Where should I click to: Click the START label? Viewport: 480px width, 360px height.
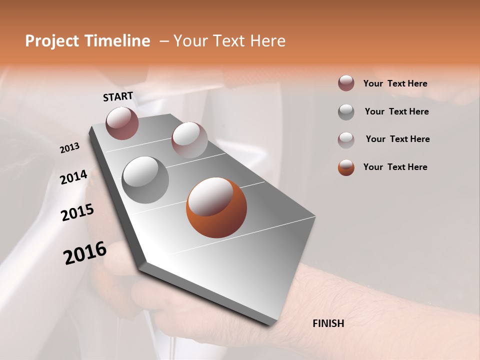tap(118, 96)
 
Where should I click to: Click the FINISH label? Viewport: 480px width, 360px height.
tap(328, 323)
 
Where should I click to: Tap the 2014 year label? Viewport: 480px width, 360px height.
tap(73, 177)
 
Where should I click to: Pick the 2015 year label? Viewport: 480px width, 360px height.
tap(77, 212)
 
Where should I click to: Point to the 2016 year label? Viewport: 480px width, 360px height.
tap(84, 252)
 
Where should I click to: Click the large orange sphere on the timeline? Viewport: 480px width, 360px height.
tap(216, 207)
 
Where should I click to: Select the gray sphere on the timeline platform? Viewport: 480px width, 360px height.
tap(145, 180)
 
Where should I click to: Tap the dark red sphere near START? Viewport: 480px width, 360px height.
tap(122, 123)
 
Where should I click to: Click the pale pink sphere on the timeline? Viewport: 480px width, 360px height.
tap(189, 139)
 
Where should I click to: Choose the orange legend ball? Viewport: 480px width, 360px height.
tap(346, 167)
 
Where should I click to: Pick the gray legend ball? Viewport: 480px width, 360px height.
tap(346, 112)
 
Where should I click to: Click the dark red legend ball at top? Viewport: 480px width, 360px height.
tap(346, 83)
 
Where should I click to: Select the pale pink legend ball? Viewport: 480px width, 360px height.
tap(346, 139)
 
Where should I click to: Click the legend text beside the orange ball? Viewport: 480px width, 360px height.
tap(395, 167)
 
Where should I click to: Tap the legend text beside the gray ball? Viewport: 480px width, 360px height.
tap(396, 111)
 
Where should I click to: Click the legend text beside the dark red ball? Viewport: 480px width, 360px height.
tap(395, 83)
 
